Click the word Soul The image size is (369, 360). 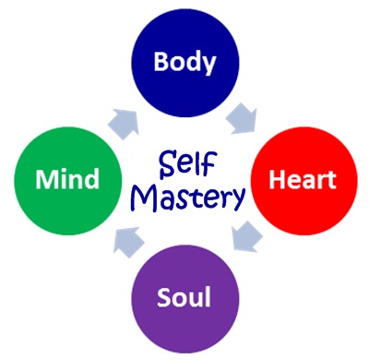point(184,298)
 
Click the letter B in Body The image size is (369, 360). point(160,63)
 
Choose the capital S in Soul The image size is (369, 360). point(165,298)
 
